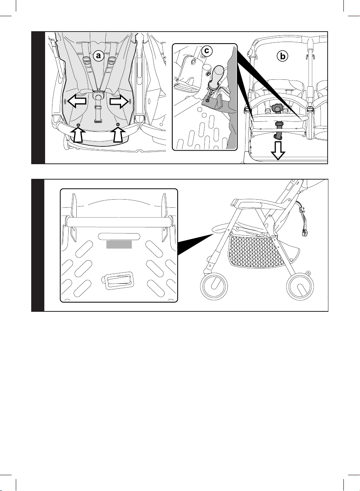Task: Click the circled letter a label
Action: click(x=98, y=55)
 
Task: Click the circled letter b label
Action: click(x=283, y=56)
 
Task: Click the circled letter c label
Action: click(x=207, y=51)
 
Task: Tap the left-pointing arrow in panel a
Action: click(x=77, y=101)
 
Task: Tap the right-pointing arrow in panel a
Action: click(x=119, y=101)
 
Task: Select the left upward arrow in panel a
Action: click(x=78, y=135)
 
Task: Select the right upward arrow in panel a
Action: click(x=118, y=135)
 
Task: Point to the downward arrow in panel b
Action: click(x=278, y=151)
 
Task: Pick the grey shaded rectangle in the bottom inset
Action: click(x=119, y=244)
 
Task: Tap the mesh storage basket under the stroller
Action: click(x=256, y=251)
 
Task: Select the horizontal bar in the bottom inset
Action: click(x=119, y=222)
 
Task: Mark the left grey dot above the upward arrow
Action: click(x=78, y=125)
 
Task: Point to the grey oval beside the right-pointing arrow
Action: click(x=130, y=101)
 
